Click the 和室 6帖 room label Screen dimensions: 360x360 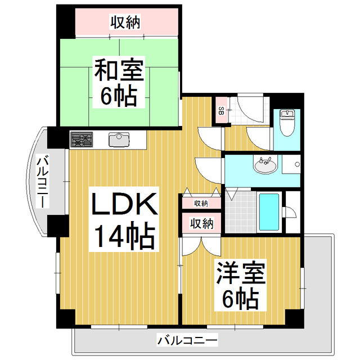[x=119, y=82]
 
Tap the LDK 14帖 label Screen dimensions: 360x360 [x=124, y=219]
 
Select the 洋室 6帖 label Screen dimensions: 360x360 [x=240, y=285]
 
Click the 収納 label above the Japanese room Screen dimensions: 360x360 [x=125, y=22]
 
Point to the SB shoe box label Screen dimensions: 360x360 [x=221, y=110]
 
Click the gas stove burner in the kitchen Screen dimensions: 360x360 [x=82, y=139]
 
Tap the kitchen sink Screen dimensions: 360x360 [x=119, y=139]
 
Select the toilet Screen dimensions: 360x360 [x=287, y=123]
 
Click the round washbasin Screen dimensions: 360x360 [x=265, y=164]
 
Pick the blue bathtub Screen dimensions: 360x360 [x=269, y=211]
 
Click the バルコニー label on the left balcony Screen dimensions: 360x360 [x=43, y=182]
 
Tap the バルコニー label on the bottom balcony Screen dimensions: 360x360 [x=187, y=340]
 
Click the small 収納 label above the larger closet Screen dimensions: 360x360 [x=201, y=203]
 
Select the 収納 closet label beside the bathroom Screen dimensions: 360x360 [x=201, y=223]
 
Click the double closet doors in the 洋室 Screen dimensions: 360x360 [x=201, y=246]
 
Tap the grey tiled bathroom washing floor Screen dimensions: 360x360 [x=241, y=211]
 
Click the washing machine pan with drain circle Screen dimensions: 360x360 [x=291, y=164]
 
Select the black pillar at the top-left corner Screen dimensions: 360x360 [x=66, y=22]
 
